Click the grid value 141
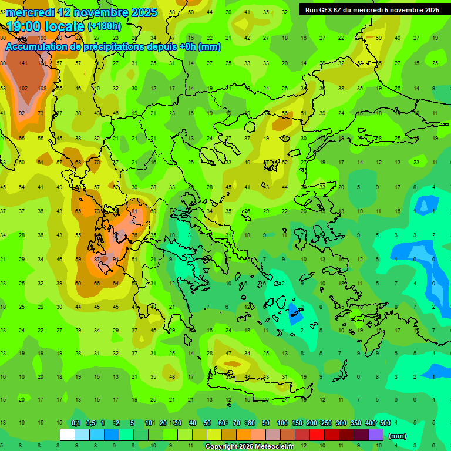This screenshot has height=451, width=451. [23, 63]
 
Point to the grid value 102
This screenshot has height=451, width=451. [23, 88]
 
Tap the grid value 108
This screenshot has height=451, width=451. [42, 88]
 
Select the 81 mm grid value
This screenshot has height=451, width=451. [134, 211]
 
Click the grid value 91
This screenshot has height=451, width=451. [116, 259]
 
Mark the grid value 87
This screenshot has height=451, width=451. [97, 259]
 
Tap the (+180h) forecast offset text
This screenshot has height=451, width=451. [104, 26]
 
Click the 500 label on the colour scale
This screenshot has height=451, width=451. [385, 423]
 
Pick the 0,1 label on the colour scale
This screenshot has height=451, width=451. [76, 423]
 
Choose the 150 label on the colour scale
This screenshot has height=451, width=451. [297, 423]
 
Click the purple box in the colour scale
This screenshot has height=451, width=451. [376, 435]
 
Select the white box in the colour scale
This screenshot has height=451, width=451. [68, 435]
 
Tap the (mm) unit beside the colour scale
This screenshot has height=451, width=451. [398, 436]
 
